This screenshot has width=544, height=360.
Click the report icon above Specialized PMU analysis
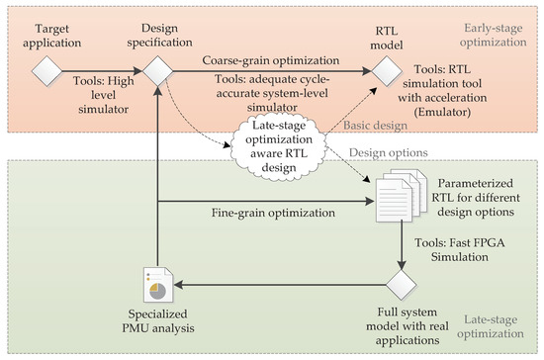point(159,286)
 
